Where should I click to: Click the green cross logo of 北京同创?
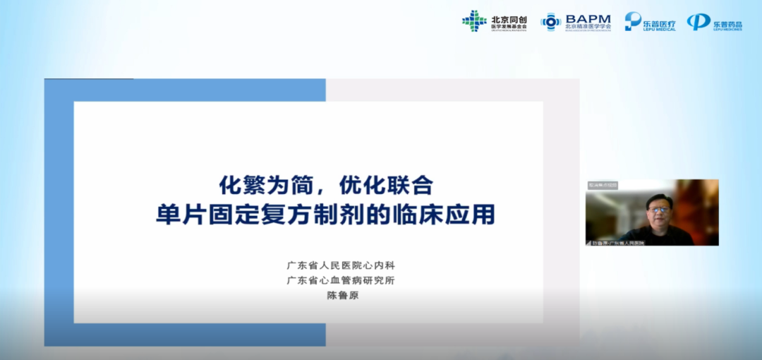[474, 21]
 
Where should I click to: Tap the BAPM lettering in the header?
[587, 18]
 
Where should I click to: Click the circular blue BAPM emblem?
[551, 22]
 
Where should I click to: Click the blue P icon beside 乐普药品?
[698, 22]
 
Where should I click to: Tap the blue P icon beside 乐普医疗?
[632, 22]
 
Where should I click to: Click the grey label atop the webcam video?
[603, 185]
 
